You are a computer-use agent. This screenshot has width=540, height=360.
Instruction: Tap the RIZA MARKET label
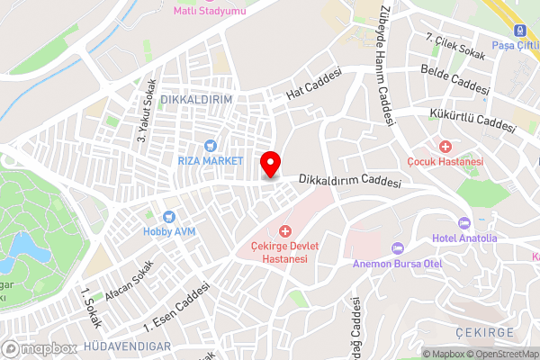(x=211, y=160)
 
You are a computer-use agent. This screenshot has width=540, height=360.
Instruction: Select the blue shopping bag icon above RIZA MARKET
(x=211, y=145)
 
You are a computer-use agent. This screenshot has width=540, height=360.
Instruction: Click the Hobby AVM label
(x=168, y=230)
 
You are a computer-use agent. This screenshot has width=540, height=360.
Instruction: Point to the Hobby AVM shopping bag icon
(x=168, y=216)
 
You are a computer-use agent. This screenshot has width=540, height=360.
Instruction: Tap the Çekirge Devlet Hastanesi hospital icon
(x=285, y=231)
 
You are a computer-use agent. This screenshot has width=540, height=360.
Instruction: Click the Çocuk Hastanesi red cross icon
(x=445, y=146)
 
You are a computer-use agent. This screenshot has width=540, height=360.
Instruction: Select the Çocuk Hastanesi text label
(x=445, y=161)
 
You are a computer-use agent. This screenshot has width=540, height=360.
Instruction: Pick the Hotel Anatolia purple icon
(x=464, y=223)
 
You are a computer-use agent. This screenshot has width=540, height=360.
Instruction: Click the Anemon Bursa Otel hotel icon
(x=397, y=248)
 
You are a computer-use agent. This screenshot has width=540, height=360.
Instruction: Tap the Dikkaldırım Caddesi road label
(x=349, y=180)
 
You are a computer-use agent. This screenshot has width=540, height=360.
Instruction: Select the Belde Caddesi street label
(x=454, y=80)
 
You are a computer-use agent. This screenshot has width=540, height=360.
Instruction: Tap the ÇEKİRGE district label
(x=485, y=332)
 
